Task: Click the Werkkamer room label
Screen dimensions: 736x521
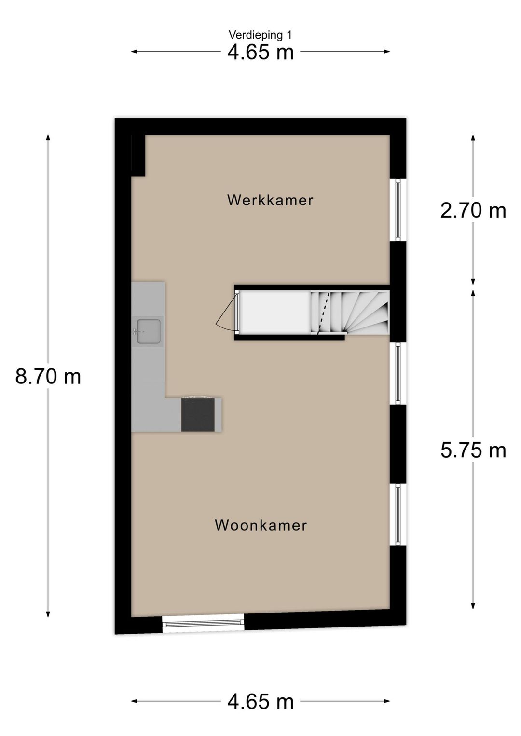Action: (270, 200)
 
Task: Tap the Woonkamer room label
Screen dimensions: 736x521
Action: (260, 525)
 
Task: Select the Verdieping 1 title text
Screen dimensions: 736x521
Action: (260, 35)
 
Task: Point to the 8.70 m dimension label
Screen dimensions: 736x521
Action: (48, 376)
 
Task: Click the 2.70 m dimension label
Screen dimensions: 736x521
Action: (473, 211)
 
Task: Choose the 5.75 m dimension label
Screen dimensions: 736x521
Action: (473, 450)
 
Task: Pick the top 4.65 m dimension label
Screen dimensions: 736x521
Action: (260, 52)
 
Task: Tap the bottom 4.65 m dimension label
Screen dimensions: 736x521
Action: (260, 701)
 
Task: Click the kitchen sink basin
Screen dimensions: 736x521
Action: (149, 331)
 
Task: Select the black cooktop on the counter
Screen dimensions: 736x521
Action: (198, 415)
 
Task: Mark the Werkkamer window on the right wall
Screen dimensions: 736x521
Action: (398, 210)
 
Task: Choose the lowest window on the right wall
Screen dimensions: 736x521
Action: (398, 515)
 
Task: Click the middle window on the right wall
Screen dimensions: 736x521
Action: (398, 373)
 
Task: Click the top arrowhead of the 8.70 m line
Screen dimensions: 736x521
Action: (48, 137)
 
